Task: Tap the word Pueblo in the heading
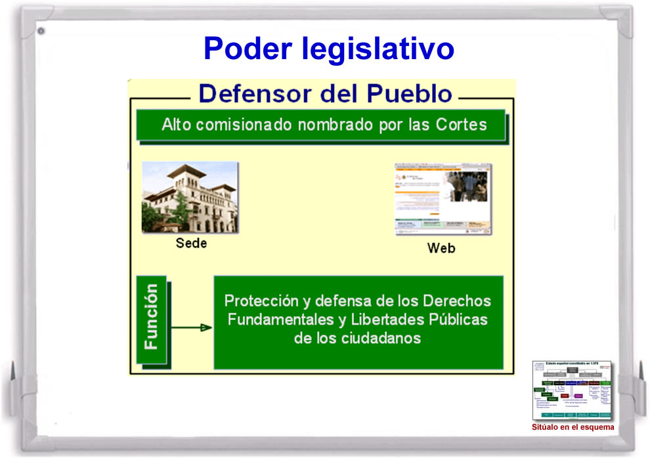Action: tap(409, 93)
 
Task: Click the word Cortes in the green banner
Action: tap(462, 124)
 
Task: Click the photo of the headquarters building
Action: tap(190, 197)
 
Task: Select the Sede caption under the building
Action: tap(191, 243)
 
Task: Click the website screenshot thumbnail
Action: tap(443, 199)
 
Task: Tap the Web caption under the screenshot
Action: tap(441, 248)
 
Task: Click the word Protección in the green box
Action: tap(260, 301)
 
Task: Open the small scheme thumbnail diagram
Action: tap(572, 390)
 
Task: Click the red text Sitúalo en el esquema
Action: tap(573, 427)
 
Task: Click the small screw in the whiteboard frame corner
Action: tap(41, 30)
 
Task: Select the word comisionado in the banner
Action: tap(249, 124)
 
